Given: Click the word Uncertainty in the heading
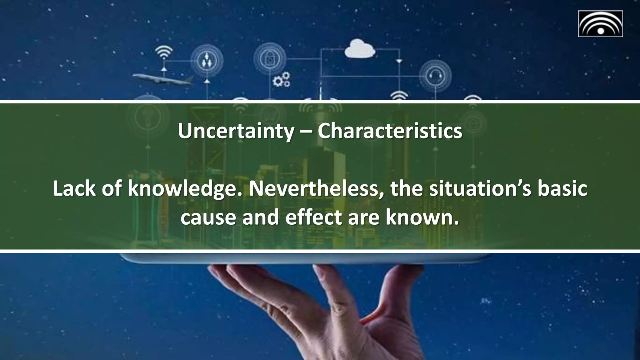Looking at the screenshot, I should tap(236, 131).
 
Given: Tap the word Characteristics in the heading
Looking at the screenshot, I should tap(390, 131).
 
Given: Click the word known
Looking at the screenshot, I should tap(422, 217).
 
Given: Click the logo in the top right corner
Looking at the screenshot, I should tap(600, 24).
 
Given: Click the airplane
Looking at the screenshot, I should tap(162, 79).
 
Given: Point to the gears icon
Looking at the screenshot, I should tap(281, 80).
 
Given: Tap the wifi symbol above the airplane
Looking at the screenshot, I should tap(164, 52).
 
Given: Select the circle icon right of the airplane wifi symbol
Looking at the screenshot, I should tap(207, 60).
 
